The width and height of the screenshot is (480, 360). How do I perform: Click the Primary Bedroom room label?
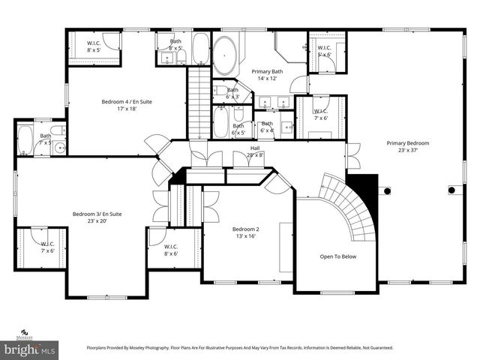408,142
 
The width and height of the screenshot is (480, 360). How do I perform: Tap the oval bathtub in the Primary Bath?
224,56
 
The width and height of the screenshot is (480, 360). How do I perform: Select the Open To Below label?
338,256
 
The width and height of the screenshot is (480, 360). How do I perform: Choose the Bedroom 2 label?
245,229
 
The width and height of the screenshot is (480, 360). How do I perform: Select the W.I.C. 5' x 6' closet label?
325,50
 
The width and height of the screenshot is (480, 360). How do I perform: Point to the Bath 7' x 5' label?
46,139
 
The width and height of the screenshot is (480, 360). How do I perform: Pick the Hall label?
255,148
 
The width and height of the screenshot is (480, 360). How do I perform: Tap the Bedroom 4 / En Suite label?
125,101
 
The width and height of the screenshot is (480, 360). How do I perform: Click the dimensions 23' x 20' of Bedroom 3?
97,221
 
